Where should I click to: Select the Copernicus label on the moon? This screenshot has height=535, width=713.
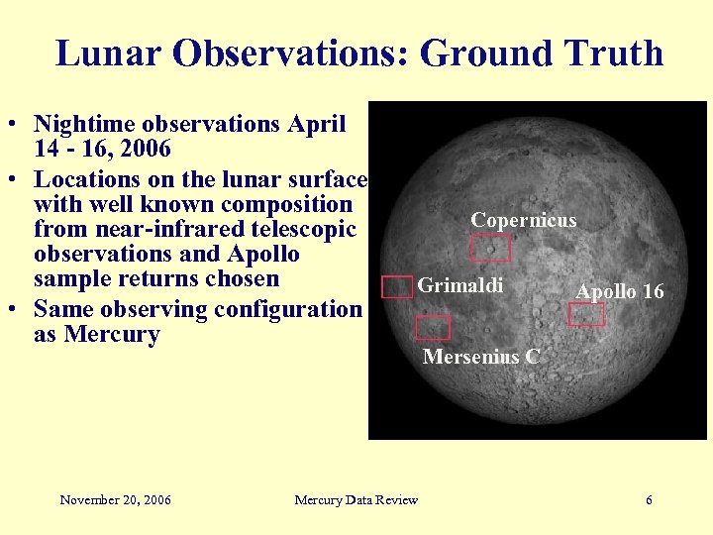coord(523,220)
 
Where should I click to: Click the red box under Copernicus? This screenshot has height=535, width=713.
coord(490,248)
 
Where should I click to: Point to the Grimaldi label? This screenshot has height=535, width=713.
coord(460,285)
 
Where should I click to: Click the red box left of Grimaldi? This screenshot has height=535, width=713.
coord(397,287)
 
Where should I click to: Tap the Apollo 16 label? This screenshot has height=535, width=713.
coord(620,291)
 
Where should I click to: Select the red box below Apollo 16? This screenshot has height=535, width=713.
coord(586,315)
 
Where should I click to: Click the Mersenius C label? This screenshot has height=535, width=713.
coord(481,357)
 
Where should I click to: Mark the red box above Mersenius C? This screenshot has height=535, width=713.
coord(432,327)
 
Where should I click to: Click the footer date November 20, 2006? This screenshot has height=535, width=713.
coord(115,500)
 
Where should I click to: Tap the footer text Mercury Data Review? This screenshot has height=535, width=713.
coord(356,500)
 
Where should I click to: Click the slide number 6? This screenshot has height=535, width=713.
coord(649,500)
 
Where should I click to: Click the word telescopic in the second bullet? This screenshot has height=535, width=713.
coord(299,230)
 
